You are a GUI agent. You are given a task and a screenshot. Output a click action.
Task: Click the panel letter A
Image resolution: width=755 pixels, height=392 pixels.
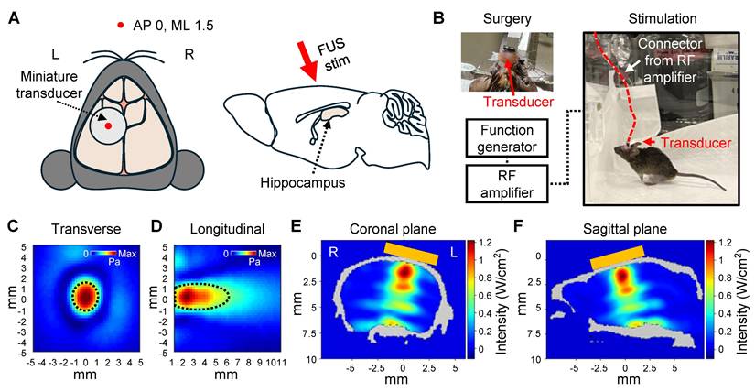13,16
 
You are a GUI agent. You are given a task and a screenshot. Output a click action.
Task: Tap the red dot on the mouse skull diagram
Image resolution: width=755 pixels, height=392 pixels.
108,125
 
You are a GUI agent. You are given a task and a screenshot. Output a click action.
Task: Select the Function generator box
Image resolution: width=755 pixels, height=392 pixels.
508,140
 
